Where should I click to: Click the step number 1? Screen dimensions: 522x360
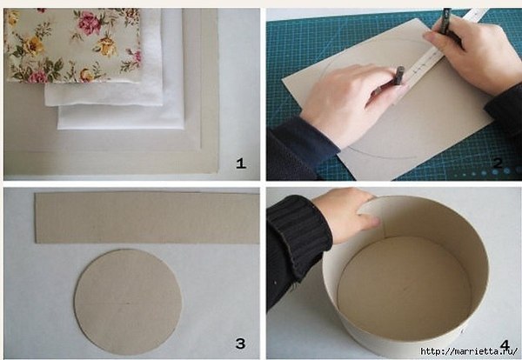(x=241, y=163)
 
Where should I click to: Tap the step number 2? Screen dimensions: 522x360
(x=498, y=163)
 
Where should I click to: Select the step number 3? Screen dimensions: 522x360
(x=240, y=343)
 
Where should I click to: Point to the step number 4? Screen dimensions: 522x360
(x=505, y=345)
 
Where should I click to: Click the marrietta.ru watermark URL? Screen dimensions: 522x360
(x=470, y=351)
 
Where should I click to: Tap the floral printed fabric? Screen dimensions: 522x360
(x=72, y=45)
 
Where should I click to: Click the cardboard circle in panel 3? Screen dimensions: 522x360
(x=128, y=302)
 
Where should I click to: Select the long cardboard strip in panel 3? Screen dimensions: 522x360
(x=147, y=217)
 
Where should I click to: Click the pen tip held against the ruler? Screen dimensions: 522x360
(x=396, y=83)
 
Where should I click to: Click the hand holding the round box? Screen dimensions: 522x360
(x=346, y=213)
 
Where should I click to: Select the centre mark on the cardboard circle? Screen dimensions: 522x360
(x=128, y=303)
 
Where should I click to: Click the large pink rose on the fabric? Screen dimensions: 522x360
(x=90, y=23)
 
